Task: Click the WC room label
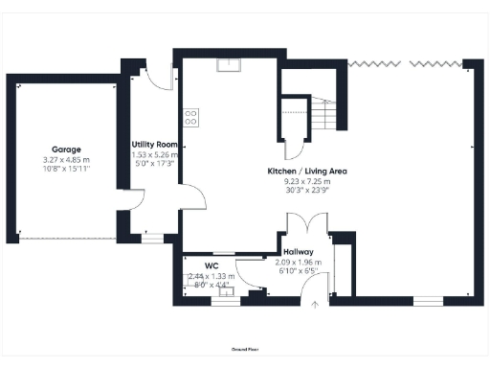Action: (x=212, y=265)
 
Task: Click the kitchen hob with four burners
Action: (x=191, y=118)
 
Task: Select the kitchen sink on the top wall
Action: (x=228, y=65)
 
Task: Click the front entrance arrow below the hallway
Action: (x=315, y=306)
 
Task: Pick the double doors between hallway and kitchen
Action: (x=305, y=224)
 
